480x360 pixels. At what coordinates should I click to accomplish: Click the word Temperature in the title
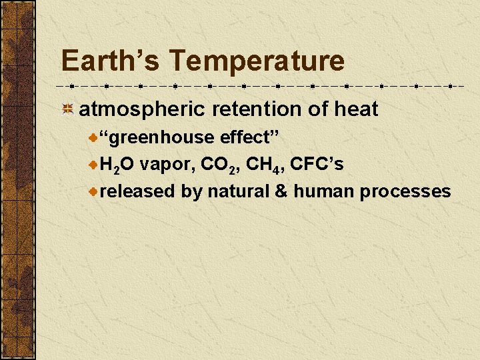pos(257,61)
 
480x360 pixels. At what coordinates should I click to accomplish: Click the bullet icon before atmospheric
pos(67,109)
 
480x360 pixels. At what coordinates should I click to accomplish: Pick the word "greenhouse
pos(157,138)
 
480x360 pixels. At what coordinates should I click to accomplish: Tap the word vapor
pos(165,165)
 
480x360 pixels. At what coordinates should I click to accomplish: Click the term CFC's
pos(317,165)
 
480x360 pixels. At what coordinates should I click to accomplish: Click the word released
pos(138,192)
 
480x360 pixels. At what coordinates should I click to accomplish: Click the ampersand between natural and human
pos(281,192)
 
